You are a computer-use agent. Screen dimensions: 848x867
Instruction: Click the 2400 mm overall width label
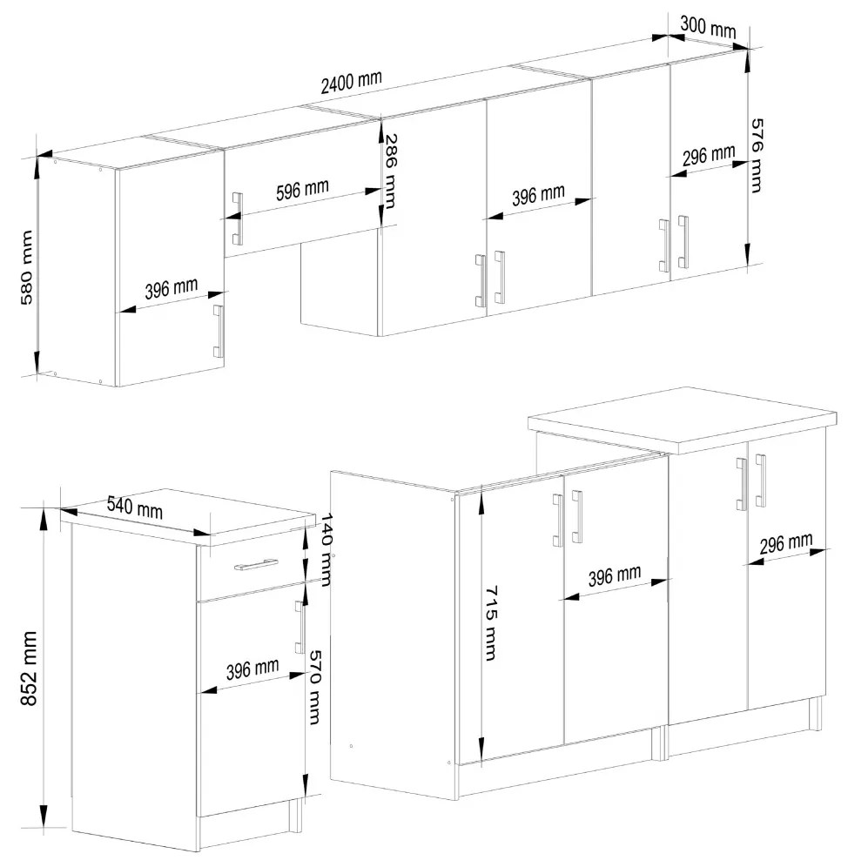pos(351,83)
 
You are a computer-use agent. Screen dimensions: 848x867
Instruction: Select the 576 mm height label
pos(756,155)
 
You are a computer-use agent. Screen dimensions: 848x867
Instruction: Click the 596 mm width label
pos(302,190)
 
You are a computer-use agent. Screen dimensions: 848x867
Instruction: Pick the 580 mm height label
pos(26,267)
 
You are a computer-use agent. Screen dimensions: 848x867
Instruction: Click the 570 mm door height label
pos(314,686)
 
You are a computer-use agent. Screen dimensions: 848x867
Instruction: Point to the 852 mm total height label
pos(28,668)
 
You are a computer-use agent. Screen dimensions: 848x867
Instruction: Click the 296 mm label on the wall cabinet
pos(708,155)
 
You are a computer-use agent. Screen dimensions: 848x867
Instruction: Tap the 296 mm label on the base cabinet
pos(785,543)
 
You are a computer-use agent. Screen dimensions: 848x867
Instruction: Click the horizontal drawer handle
pos(256,565)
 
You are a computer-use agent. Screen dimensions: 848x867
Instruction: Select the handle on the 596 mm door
pos(238,218)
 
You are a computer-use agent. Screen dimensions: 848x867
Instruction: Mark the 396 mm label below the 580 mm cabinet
pos(171,289)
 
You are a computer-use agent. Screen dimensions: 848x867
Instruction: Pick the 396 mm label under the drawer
pos(252,669)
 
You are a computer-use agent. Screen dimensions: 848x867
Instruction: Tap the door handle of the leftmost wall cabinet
pos(218,331)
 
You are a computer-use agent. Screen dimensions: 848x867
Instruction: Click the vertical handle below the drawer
pos(299,627)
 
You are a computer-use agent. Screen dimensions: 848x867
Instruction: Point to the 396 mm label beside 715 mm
pos(614,575)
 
